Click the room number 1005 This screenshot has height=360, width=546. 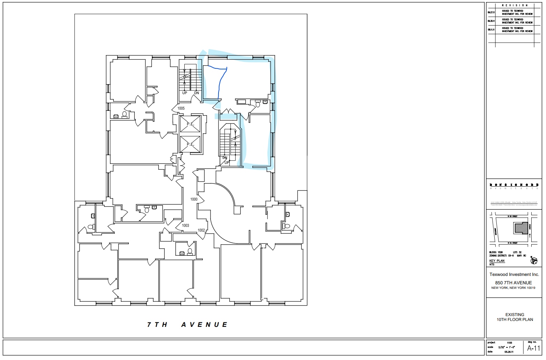pos(181,108)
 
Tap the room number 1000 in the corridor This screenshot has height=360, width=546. pos(194,200)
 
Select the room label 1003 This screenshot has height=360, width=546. pos(185,226)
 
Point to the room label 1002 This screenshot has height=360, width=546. pos(201,230)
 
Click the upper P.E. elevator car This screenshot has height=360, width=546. pos(190,124)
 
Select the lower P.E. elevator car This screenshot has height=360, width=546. pos(190,144)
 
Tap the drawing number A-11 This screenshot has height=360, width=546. pos(533,348)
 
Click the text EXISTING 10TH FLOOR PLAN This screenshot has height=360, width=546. pos(515,317)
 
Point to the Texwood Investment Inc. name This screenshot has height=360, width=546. pos(514,275)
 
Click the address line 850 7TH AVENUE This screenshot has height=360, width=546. pos(513,283)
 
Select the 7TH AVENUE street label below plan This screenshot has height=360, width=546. pos(187,325)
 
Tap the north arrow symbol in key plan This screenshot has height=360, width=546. pos(533,260)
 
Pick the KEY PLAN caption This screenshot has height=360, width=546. pos(497,261)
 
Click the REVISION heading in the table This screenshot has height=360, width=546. pos(515,6)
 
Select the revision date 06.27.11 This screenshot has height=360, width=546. pos(491,13)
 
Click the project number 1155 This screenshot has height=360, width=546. pos(509,343)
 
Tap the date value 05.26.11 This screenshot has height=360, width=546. pos(509,352)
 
